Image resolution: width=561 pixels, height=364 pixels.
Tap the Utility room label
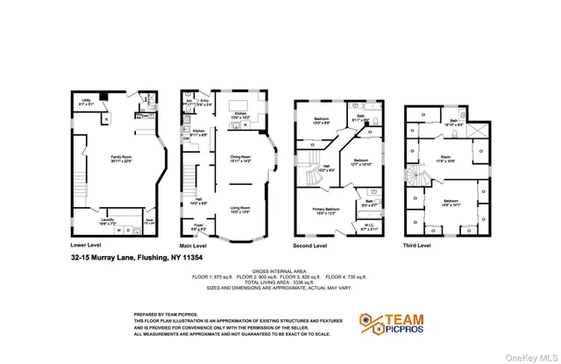tap(86, 102)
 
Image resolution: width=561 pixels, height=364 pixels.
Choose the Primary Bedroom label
tap(326, 211)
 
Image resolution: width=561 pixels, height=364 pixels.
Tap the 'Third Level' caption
tap(417, 246)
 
